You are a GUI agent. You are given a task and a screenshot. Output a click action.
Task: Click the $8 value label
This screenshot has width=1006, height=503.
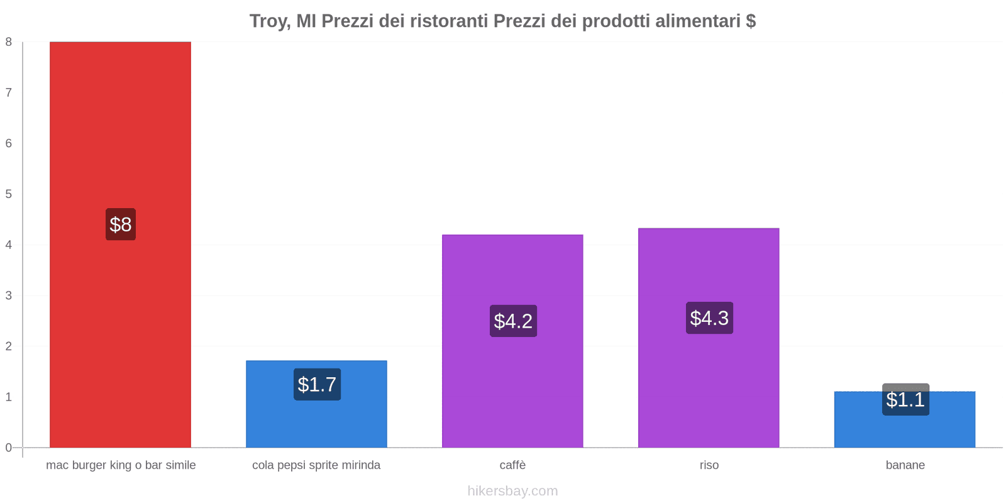[x=121, y=224]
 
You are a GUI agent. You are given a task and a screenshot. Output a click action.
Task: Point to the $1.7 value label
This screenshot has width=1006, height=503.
[x=317, y=384]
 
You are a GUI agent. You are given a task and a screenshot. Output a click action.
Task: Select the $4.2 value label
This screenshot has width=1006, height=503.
[x=513, y=321]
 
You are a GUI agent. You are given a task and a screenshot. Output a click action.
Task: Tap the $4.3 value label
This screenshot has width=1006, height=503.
[x=709, y=318]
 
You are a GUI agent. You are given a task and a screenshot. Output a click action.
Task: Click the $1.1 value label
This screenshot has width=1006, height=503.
[x=905, y=399]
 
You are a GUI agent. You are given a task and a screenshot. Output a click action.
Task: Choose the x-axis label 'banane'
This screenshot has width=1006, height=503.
[x=905, y=465]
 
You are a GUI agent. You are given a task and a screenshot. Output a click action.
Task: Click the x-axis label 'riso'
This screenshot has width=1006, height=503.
[x=709, y=465]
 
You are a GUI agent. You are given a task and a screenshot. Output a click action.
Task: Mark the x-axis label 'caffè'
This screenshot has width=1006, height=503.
[x=512, y=465]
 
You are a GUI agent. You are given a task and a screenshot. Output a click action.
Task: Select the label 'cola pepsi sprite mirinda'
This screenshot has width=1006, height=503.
[x=316, y=465]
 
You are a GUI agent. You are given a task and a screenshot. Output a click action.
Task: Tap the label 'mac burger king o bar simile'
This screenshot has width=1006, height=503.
[x=121, y=465]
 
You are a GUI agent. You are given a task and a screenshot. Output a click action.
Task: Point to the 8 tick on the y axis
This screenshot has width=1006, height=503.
[x=9, y=42]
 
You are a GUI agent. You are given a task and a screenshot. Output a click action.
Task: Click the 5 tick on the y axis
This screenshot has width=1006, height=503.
[x=9, y=194]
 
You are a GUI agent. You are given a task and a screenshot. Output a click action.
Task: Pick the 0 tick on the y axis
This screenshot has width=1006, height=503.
[x=9, y=448]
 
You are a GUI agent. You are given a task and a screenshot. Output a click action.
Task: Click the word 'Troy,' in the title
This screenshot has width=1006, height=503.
[x=270, y=21]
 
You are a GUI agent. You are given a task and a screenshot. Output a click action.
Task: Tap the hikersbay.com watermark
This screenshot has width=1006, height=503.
[x=512, y=491]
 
